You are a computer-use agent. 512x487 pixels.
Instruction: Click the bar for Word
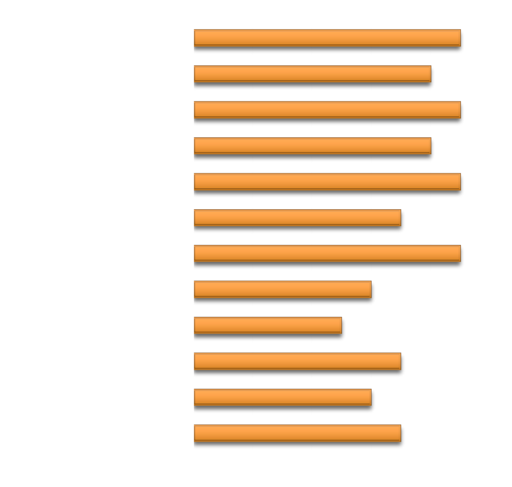(x=327, y=38)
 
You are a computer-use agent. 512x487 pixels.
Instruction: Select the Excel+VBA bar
(x=312, y=74)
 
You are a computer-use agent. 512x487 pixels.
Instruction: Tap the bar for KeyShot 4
(x=268, y=326)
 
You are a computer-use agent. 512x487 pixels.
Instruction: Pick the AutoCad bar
(x=327, y=254)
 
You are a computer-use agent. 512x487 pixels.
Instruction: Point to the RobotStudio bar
(x=282, y=398)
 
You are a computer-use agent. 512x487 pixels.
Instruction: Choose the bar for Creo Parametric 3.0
(x=297, y=218)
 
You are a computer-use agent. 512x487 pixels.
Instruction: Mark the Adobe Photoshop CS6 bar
(x=282, y=289)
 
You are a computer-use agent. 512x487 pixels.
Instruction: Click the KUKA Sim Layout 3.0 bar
(x=297, y=433)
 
